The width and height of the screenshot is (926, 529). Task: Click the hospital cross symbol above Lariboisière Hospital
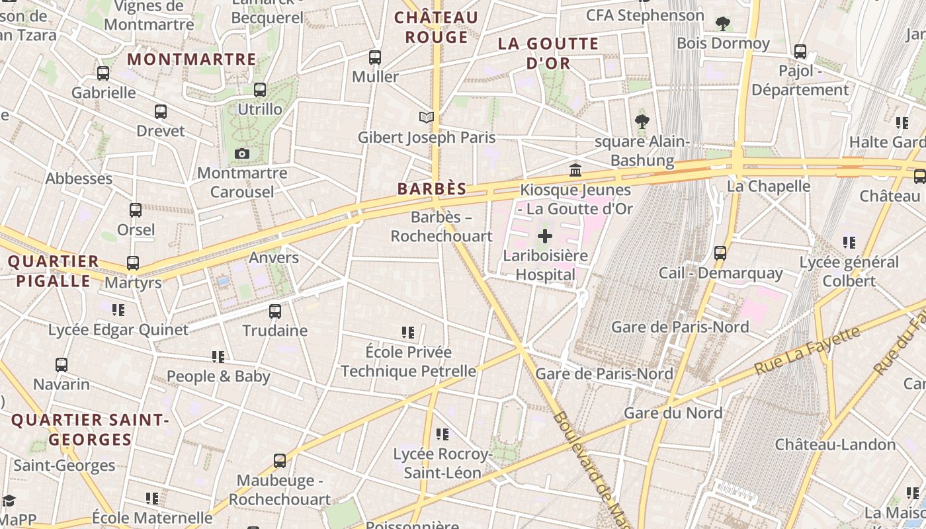(545, 236)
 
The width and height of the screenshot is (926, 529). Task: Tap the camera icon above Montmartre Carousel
(242, 154)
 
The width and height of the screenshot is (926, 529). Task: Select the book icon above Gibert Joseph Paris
(427, 118)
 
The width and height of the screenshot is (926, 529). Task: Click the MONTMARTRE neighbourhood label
(192, 60)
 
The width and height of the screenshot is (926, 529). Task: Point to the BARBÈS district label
(432, 189)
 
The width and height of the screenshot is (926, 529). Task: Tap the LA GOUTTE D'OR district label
(548, 54)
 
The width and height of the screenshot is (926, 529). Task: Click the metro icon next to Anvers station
(274, 258)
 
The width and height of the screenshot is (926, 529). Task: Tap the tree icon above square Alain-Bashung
(642, 122)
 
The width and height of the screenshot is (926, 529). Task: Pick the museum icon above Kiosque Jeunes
(575, 171)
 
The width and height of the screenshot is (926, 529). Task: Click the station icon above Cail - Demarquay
(720, 253)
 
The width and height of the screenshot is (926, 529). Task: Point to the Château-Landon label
(835, 444)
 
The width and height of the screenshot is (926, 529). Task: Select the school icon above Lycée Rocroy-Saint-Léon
(442, 434)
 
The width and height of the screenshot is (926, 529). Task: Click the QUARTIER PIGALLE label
(53, 271)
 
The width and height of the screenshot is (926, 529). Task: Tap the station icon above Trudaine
(274, 311)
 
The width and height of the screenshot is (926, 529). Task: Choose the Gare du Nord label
(673, 413)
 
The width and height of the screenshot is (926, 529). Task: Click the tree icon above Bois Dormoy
(723, 24)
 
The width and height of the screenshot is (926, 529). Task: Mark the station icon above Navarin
(62, 365)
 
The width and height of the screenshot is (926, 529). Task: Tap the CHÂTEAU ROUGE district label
(436, 27)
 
